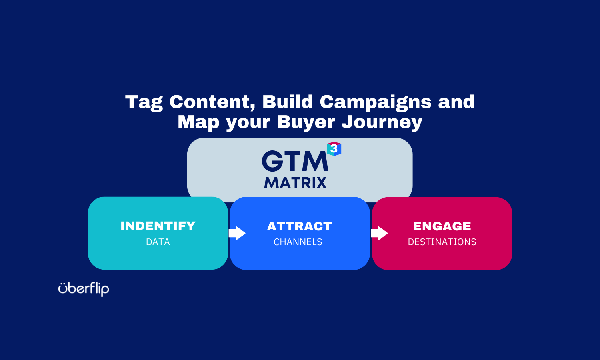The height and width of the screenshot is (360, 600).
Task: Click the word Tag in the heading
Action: [x=144, y=102]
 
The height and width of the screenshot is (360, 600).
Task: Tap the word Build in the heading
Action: [x=288, y=102]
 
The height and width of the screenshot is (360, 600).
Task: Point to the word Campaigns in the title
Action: [x=376, y=102]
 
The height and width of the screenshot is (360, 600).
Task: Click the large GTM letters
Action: [x=295, y=161]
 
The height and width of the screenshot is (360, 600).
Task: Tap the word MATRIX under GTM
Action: [x=295, y=183]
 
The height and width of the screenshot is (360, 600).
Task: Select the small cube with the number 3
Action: [x=334, y=149]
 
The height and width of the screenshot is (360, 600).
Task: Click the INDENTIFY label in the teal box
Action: [x=158, y=226]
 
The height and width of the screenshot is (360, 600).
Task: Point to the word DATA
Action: [x=158, y=242]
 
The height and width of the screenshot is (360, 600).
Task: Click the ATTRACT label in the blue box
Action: [x=300, y=226]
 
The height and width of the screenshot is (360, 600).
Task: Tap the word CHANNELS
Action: [x=298, y=242]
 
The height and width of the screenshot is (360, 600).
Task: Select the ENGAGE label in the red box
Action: [x=442, y=226]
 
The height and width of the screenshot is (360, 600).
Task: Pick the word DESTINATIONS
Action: [x=442, y=242]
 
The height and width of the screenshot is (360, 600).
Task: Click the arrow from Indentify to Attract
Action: [x=237, y=233]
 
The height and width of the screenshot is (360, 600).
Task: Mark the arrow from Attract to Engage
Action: [x=379, y=233]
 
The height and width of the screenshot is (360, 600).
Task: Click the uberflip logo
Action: [x=84, y=289]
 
